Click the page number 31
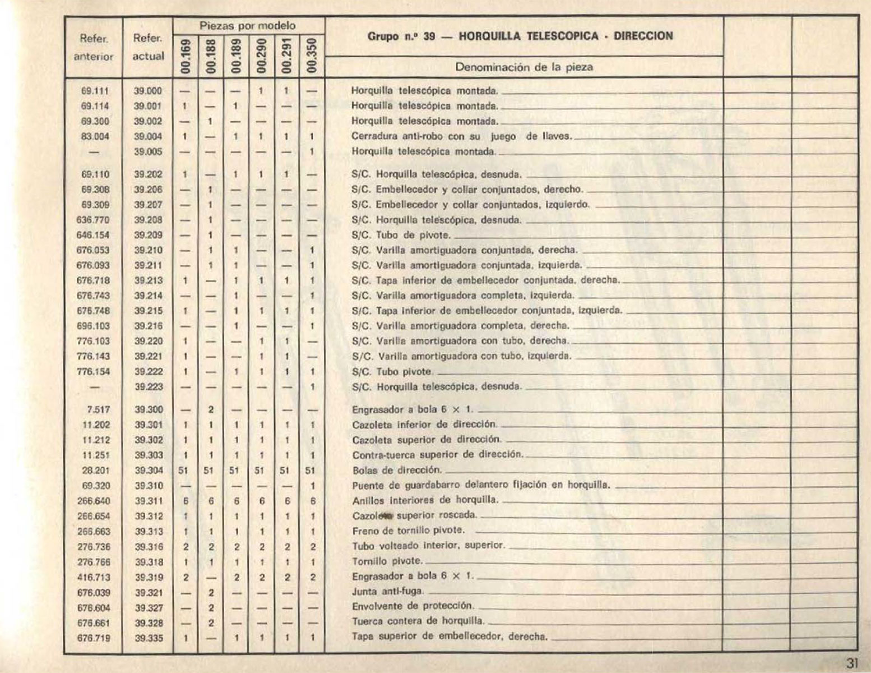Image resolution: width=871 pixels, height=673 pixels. point(852,662)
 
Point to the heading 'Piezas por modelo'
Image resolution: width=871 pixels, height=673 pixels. point(248,26)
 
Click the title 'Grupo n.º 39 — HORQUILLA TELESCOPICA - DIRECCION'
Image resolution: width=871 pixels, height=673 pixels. point(520,36)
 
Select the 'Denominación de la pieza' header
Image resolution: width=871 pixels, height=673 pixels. point(524,67)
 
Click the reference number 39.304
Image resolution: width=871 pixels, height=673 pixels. point(148,471)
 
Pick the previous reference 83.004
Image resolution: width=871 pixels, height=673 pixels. point(95,136)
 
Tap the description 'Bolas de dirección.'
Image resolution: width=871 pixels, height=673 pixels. point(397,470)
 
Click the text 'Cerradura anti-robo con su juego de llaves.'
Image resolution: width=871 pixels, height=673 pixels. point(461,136)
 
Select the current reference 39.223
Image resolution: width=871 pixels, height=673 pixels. point(148,386)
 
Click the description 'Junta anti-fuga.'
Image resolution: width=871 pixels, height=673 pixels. point(388,591)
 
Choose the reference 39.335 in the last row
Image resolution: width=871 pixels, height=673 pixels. point(148,637)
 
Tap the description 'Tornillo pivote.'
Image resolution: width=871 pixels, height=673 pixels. point(387,561)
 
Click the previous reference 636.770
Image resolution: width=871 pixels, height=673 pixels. point(93,220)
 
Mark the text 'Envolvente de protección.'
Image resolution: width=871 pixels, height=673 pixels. point(413,606)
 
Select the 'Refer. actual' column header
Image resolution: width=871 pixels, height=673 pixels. point(148,47)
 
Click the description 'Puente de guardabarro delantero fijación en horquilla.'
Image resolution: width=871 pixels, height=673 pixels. point(481,486)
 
